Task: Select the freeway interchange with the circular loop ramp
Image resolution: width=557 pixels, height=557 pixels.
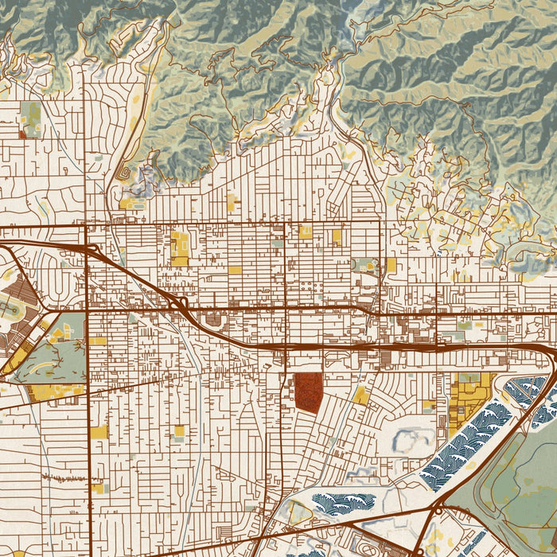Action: tap(91, 251)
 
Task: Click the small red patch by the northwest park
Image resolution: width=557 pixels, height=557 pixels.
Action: tap(22, 134)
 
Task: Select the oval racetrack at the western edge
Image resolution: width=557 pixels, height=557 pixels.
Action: tap(10, 307)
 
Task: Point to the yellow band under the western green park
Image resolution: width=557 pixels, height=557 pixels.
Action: tap(56, 391)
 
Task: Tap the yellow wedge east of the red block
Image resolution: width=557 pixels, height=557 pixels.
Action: tap(361, 395)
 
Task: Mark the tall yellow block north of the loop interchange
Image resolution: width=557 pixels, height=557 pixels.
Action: tap(179, 247)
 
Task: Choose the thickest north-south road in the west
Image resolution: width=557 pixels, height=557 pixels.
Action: tap(87, 398)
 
